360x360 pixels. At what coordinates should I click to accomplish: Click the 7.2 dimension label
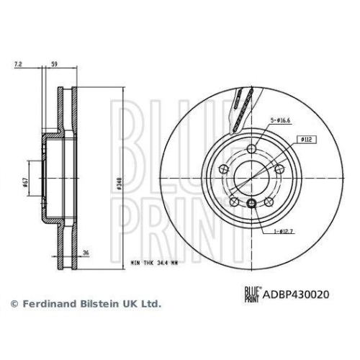coord(19,64)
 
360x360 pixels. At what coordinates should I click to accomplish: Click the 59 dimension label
coord(55,64)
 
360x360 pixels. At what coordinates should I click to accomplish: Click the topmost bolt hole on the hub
coord(251,148)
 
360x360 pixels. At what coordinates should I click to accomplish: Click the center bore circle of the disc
coord(250,178)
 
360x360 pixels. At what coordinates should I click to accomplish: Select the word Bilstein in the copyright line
coord(93,305)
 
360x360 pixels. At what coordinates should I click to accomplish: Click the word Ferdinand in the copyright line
coord(45,305)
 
